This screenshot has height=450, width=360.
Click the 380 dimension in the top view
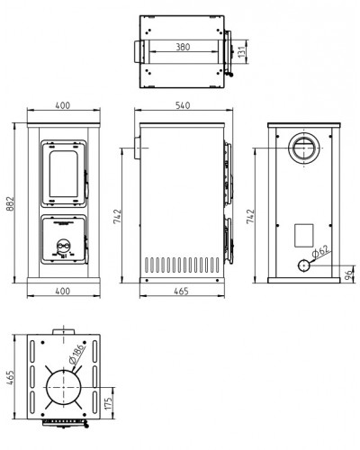click(183, 47)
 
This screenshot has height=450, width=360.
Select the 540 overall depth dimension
click(183, 105)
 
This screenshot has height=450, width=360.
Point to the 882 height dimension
click(10, 204)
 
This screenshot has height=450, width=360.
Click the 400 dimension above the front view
click(63, 105)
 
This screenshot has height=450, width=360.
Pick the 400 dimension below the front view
click(63, 291)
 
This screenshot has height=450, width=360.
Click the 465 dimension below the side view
click(182, 291)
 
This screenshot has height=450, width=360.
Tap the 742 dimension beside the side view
click(117, 216)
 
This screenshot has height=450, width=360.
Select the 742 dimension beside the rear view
click(250, 216)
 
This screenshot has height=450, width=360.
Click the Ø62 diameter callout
click(320, 251)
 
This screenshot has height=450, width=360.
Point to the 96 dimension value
click(348, 274)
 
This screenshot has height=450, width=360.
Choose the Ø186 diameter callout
click(77, 355)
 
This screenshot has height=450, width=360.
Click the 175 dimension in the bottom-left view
click(109, 403)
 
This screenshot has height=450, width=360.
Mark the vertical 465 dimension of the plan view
click(10, 379)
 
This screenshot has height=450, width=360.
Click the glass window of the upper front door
click(64, 174)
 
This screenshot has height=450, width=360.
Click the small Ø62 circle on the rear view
click(303, 265)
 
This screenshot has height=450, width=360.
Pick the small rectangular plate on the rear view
click(304, 236)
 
